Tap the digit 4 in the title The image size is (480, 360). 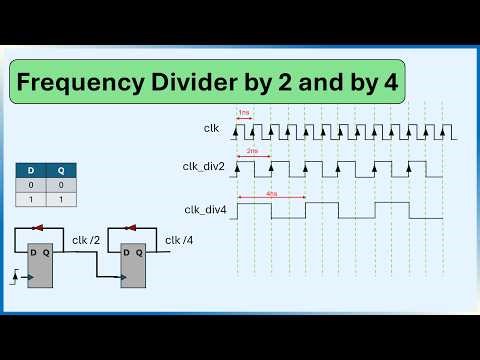388,84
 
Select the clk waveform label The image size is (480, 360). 211,128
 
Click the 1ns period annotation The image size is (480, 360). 243,113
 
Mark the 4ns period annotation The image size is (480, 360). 272,194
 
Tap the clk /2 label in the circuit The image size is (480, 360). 86,240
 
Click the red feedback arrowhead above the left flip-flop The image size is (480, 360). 37,228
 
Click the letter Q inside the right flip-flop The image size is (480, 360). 139,252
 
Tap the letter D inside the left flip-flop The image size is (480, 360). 32,252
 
